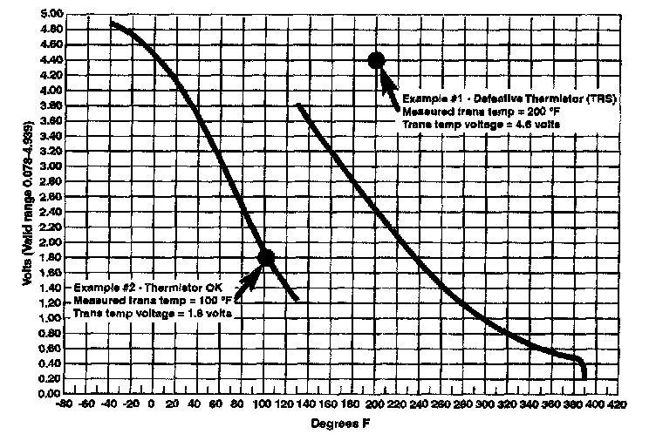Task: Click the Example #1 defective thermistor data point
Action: pyautogui.click(x=377, y=60)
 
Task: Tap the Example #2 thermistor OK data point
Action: pyautogui.click(x=267, y=257)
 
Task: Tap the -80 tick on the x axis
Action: pyautogui.click(x=63, y=405)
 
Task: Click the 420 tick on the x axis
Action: pyautogui.click(x=618, y=405)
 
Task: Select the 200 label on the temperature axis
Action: pyautogui.click(x=373, y=405)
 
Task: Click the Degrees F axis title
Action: pyautogui.click(x=341, y=424)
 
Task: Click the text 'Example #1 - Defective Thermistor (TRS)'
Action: pyautogui.click(x=509, y=98)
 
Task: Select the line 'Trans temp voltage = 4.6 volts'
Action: pyautogui.click(x=481, y=126)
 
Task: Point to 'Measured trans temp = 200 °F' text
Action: pyautogui.click(x=476, y=112)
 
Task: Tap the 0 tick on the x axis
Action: pyautogui.click(x=152, y=405)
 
